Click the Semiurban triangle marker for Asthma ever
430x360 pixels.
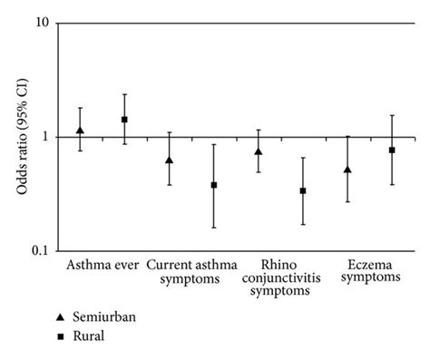pos(81,131)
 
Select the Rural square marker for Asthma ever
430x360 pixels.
pos(124,119)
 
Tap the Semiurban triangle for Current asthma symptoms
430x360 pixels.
pos(169,160)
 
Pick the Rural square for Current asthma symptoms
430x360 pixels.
pos(213,185)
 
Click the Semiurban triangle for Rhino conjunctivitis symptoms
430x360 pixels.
pos(259,151)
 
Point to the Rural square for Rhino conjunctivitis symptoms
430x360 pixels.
pos(303,190)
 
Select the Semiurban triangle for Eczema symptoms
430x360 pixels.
pos(347,170)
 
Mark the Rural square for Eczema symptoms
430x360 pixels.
pos(392,150)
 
